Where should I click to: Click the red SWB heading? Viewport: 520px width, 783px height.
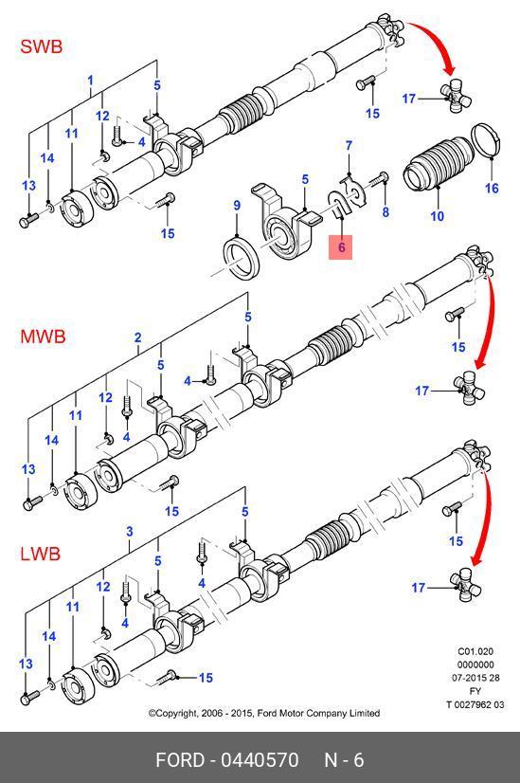[x=42, y=46]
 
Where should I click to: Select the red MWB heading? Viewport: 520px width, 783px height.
[x=43, y=337]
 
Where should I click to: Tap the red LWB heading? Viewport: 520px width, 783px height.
[x=41, y=554]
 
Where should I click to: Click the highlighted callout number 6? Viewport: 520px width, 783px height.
[x=341, y=247]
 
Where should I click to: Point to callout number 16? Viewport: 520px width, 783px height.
[x=492, y=189]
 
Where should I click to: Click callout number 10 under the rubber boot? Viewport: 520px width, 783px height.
[x=438, y=216]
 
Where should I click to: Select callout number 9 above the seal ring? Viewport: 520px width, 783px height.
[x=237, y=206]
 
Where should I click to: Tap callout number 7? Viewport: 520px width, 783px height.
[x=349, y=145]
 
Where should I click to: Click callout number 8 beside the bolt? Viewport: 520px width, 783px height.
[x=386, y=211]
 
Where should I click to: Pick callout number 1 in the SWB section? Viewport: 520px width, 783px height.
[x=90, y=81]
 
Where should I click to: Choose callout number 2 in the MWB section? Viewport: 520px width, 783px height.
[x=137, y=337]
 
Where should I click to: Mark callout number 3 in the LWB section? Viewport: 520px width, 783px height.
[x=129, y=531]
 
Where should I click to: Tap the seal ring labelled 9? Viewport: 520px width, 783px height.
[x=241, y=255]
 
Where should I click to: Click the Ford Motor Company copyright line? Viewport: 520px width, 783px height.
[x=264, y=713]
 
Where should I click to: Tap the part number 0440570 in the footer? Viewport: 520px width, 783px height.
[x=260, y=760]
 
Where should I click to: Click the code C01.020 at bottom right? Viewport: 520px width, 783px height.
[x=475, y=651]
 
